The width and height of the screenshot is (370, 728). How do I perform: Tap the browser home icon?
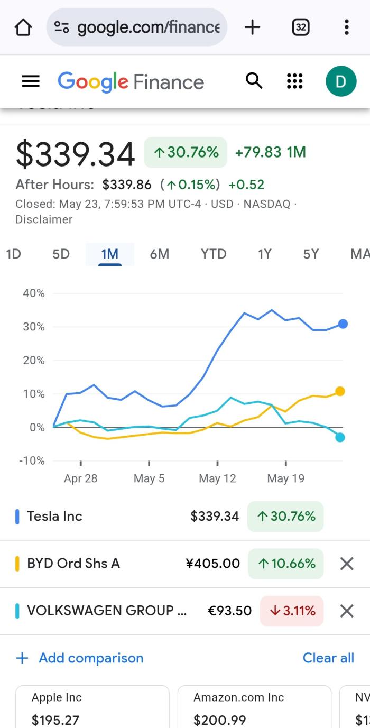click(x=23, y=27)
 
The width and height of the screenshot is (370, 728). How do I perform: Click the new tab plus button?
click(x=253, y=27)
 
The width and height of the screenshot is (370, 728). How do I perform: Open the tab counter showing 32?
click(x=300, y=27)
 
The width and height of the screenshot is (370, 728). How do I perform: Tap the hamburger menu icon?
click(x=31, y=81)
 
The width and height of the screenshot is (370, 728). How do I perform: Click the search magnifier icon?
click(x=254, y=81)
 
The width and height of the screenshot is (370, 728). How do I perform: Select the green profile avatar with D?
click(x=341, y=81)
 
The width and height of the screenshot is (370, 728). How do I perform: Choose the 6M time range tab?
click(x=159, y=254)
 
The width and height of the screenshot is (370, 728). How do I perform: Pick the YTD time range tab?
click(x=214, y=254)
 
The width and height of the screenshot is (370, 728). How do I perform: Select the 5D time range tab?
click(x=61, y=254)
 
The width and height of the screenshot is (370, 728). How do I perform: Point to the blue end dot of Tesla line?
click(x=343, y=324)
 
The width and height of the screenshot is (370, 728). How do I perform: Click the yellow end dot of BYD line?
click(x=340, y=391)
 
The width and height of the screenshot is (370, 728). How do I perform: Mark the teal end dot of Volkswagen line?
click(x=340, y=437)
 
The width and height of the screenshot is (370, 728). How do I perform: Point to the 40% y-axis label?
click(x=34, y=293)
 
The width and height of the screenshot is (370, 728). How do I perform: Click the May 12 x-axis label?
click(x=217, y=478)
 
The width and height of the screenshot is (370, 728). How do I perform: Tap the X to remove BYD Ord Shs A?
click(x=347, y=564)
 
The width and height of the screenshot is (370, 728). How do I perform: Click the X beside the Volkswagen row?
click(x=347, y=611)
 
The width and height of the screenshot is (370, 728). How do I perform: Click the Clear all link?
click(x=328, y=658)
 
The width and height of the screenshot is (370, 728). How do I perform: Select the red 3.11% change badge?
click(x=292, y=611)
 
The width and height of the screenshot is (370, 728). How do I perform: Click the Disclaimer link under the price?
click(x=44, y=219)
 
